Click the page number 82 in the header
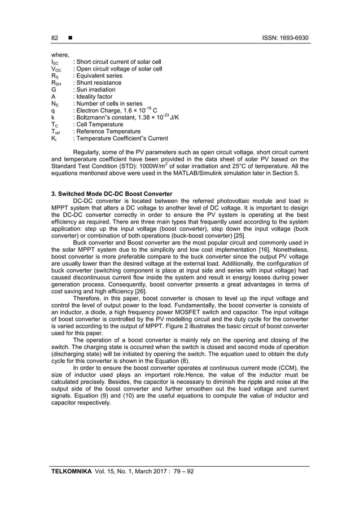point(55,38)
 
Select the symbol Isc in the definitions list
point(54,62)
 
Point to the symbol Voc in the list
point(55,69)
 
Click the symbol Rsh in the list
point(55,83)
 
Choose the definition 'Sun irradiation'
point(95,90)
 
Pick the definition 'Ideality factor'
point(94,96)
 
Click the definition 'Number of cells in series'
point(109,104)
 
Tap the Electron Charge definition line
point(111,111)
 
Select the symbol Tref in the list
point(55,131)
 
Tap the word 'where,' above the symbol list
point(60,55)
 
